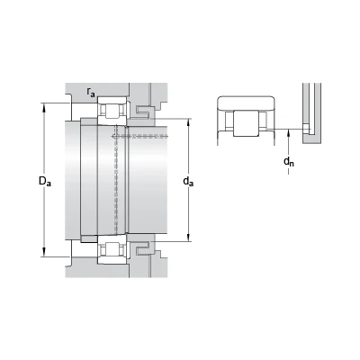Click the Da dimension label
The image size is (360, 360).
pos(45,181)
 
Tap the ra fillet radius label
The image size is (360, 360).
pos(91,92)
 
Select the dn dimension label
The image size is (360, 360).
pos(289,162)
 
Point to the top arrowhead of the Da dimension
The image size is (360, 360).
pos(44,107)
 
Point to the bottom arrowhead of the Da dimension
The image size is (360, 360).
pos(44,253)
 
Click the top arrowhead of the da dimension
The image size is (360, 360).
pos(188,122)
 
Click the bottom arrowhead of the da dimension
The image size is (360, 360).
pos(188,238)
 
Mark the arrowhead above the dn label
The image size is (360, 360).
pos(289,133)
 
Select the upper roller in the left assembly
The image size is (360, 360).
pos(112,111)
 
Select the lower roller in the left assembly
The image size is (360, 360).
pos(112,249)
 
